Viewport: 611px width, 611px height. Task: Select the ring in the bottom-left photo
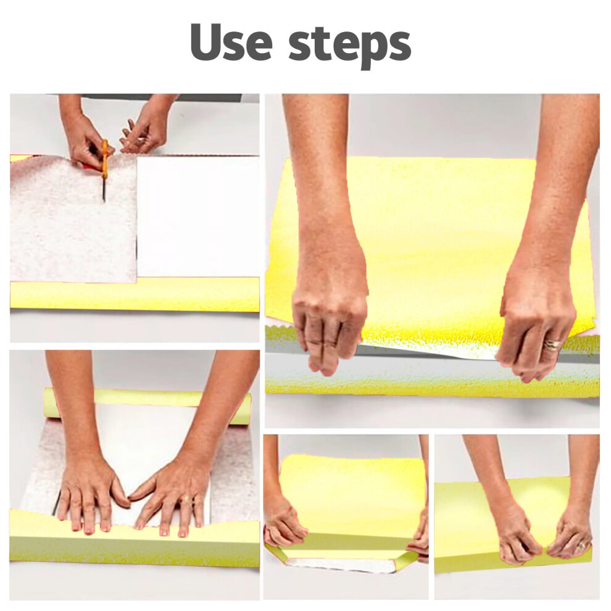tap(188, 499)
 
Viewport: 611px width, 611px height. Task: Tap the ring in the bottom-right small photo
tap(582, 546)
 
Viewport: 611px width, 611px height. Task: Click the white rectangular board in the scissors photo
tap(198, 215)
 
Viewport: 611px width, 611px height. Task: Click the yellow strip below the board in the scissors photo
tap(135, 294)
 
